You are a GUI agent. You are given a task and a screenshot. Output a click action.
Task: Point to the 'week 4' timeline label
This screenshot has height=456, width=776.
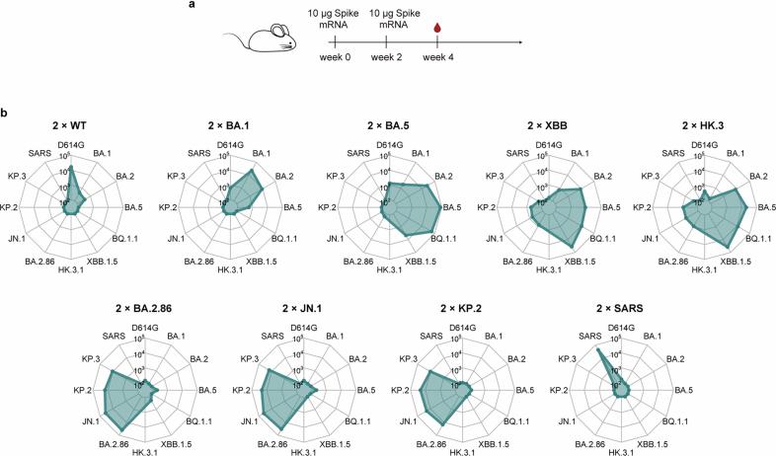[436, 61]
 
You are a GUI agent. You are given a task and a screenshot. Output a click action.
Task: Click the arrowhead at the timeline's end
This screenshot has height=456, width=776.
[520, 43]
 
